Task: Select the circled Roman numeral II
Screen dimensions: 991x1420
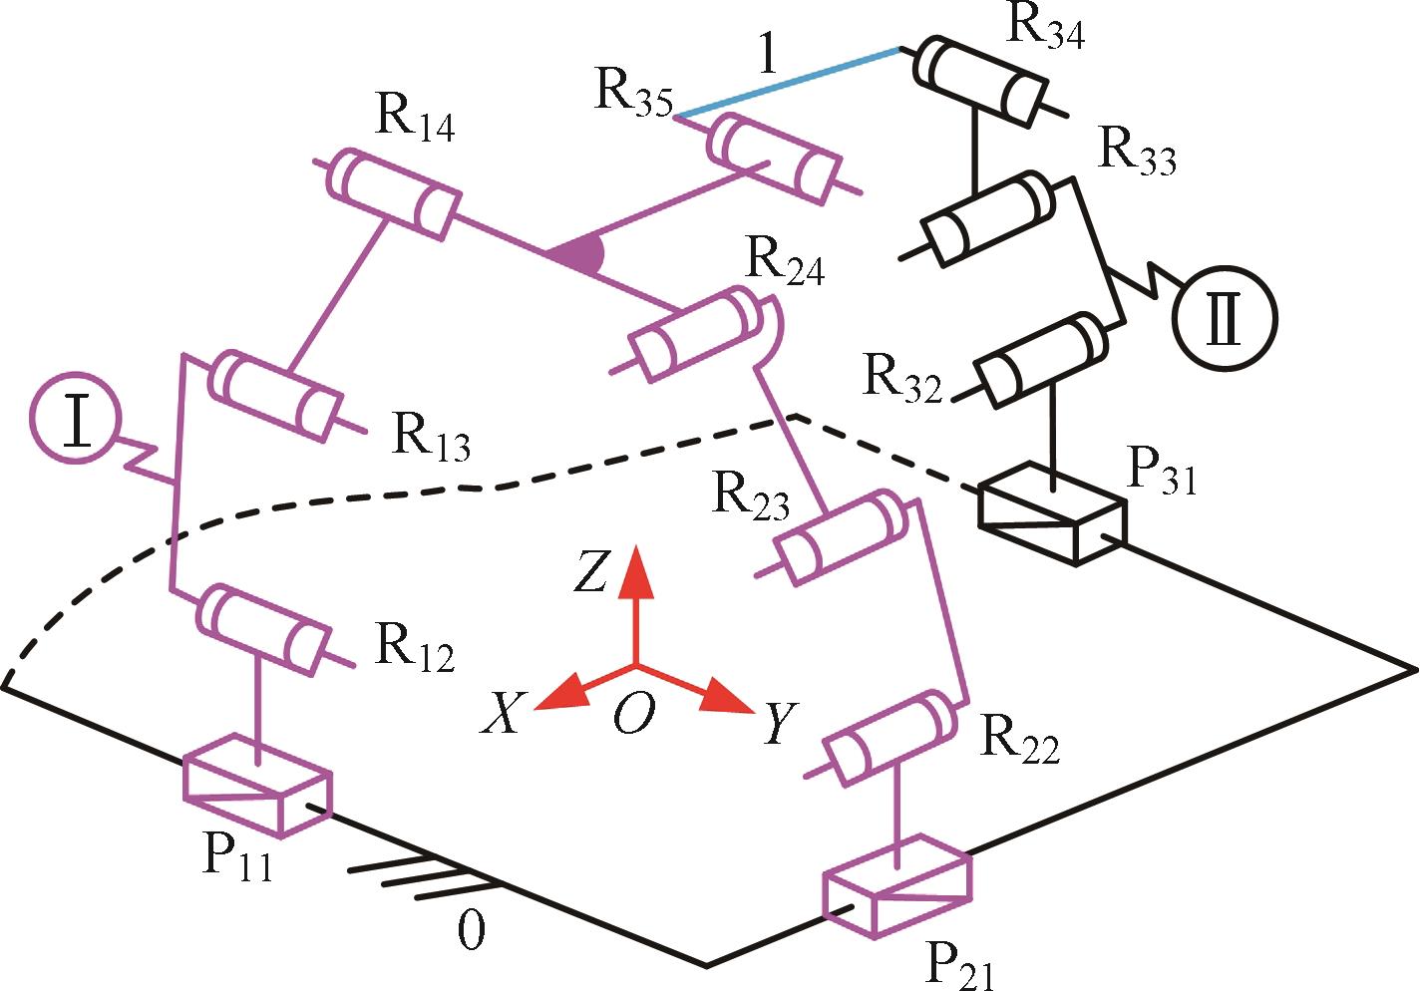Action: click(x=1224, y=318)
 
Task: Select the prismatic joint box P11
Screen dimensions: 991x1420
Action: click(x=256, y=785)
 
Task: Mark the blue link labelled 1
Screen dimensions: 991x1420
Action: click(x=788, y=82)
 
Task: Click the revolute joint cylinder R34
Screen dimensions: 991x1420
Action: click(x=979, y=80)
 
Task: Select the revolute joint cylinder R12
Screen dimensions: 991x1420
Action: click(x=264, y=628)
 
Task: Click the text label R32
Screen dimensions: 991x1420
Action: click(x=902, y=378)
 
